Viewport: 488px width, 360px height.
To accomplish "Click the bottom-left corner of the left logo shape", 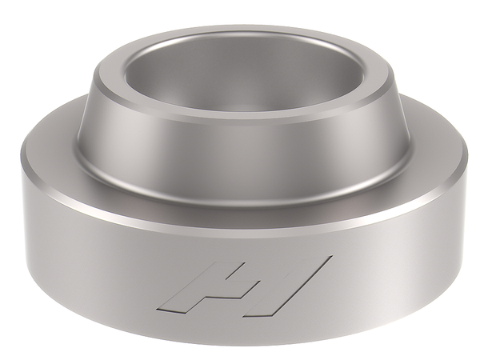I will pyautogui.click(x=164, y=306).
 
